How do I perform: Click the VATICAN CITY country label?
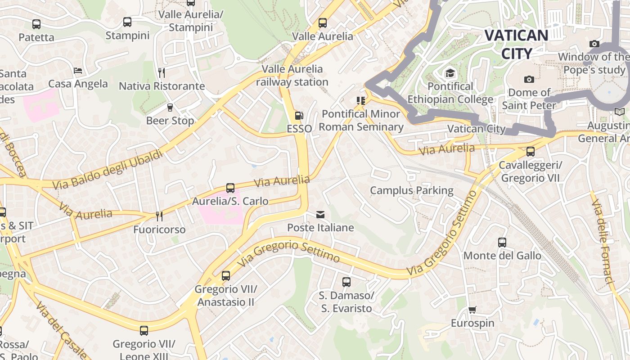517,44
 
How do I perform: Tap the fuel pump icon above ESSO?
299,116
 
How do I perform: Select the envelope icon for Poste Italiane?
320,215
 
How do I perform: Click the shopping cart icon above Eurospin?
472,310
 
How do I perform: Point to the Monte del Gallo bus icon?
502,243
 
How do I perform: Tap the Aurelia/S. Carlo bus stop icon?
230,188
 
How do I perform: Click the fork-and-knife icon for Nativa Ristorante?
162,72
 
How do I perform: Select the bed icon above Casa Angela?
78,71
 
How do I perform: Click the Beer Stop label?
170,121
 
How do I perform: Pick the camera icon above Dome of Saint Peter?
529,80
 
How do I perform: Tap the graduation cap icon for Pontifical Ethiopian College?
450,73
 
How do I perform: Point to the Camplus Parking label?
411,190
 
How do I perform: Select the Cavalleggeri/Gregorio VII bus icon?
531,152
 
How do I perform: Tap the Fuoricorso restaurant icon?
159,216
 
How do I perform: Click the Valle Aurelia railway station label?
292,76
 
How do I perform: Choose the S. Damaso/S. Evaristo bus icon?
346,282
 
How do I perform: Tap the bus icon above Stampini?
127,22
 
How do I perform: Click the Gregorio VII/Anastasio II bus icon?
226,275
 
